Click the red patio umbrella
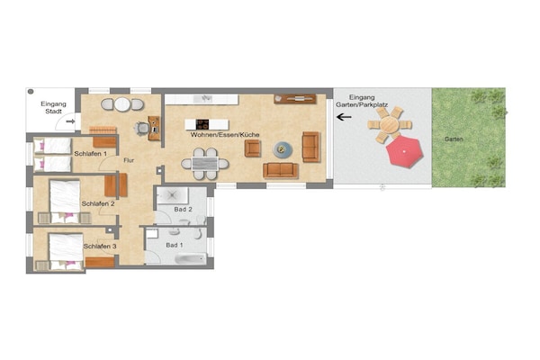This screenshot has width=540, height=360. tap(404, 151)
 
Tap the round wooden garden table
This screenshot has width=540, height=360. tap(390, 124)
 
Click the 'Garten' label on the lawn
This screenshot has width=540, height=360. tap(454, 139)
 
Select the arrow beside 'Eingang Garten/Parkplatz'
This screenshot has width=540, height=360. tap(344, 117)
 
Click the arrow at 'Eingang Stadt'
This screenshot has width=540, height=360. tap(70, 121)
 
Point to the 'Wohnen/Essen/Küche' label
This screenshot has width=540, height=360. tap(224, 135)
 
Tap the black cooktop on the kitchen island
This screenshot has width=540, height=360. tap(202, 124)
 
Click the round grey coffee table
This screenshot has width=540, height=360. tap(283, 149)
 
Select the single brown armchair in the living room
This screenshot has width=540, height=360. tap(252, 148)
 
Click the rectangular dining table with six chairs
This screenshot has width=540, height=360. tap(205, 164)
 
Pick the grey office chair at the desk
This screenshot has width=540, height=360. tap(141, 128)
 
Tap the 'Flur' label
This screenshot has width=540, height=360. tap(129, 160)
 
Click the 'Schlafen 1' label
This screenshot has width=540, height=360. tap(91, 154)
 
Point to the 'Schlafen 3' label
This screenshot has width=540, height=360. tap(100, 247)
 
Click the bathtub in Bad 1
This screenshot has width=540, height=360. tap(191, 258)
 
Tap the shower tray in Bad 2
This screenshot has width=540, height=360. tap(173, 195)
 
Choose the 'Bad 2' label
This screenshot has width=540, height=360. tap(183, 209)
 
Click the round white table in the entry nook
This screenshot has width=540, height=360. tap(122, 104)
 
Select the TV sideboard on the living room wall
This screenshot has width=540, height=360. tap(295, 99)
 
